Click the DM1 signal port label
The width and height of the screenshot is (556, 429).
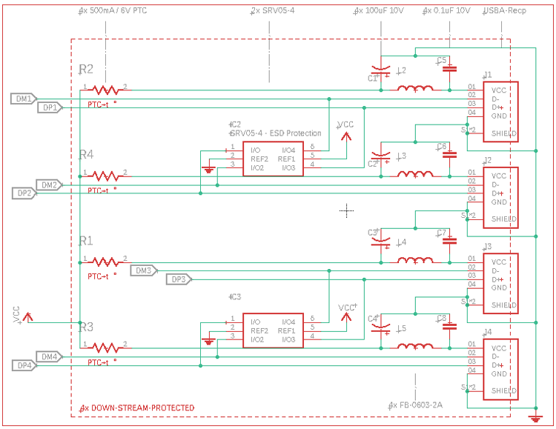[24, 99]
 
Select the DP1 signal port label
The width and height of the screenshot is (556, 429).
[50, 107]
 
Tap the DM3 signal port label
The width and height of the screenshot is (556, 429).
[144, 270]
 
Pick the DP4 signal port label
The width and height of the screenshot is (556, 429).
[24, 365]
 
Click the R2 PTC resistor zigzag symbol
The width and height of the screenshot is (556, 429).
[105, 90]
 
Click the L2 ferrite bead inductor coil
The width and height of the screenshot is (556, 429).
[416, 89]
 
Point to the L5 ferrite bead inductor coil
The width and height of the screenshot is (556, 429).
[416, 346]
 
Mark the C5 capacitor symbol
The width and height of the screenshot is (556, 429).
[449, 68]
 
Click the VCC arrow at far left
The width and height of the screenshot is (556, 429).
[27, 316]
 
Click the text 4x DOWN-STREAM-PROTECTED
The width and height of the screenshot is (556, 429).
[137, 408]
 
